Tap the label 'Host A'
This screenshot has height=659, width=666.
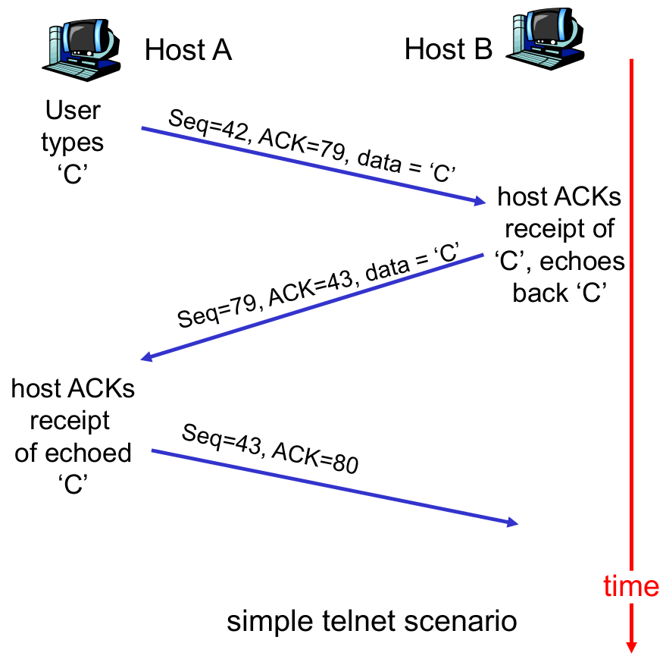click(x=188, y=51)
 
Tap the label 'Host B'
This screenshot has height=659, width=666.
click(x=448, y=50)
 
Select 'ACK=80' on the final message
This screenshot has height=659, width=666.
click(x=313, y=459)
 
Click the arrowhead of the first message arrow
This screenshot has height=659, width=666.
click(x=479, y=202)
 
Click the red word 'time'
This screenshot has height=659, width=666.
click(x=631, y=586)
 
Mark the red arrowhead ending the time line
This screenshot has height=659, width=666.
click(x=630, y=645)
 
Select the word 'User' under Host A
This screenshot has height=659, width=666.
click(x=73, y=111)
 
